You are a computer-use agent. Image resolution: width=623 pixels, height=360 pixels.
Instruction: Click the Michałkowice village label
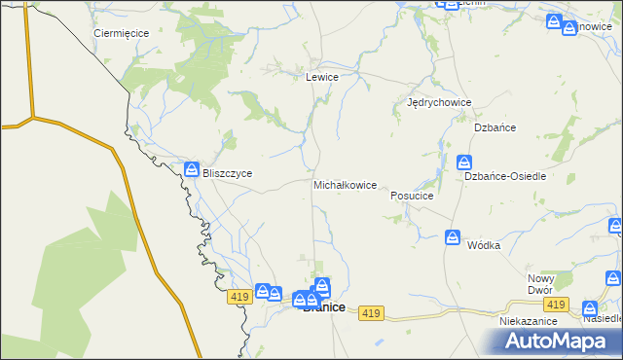[345, 185]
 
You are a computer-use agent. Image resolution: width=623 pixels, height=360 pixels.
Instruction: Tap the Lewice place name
[321, 77]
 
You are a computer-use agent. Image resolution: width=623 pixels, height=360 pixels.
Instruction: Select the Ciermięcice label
[121, 33]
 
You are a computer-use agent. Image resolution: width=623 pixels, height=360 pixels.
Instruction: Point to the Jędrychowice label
[439, 102]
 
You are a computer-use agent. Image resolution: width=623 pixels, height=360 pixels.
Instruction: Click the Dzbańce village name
[494, 127]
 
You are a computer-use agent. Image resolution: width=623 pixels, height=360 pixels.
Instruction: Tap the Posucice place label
[411, 196]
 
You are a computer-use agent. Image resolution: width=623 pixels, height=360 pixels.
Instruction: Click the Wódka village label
[483, 245]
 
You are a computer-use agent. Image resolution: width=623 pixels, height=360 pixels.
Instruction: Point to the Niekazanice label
[527, 320]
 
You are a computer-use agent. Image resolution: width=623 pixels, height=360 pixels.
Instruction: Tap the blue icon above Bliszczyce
[193, 169]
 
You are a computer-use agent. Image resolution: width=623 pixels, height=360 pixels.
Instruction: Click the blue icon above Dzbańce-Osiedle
[465, 162]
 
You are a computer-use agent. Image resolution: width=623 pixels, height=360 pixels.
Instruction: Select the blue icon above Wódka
[453, 236]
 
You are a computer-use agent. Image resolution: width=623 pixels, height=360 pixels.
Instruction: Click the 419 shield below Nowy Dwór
[556, 306]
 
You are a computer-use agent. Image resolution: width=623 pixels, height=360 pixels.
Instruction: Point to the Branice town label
[323, 307]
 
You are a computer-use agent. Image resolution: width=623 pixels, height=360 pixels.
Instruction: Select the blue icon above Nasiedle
[590, 306]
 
